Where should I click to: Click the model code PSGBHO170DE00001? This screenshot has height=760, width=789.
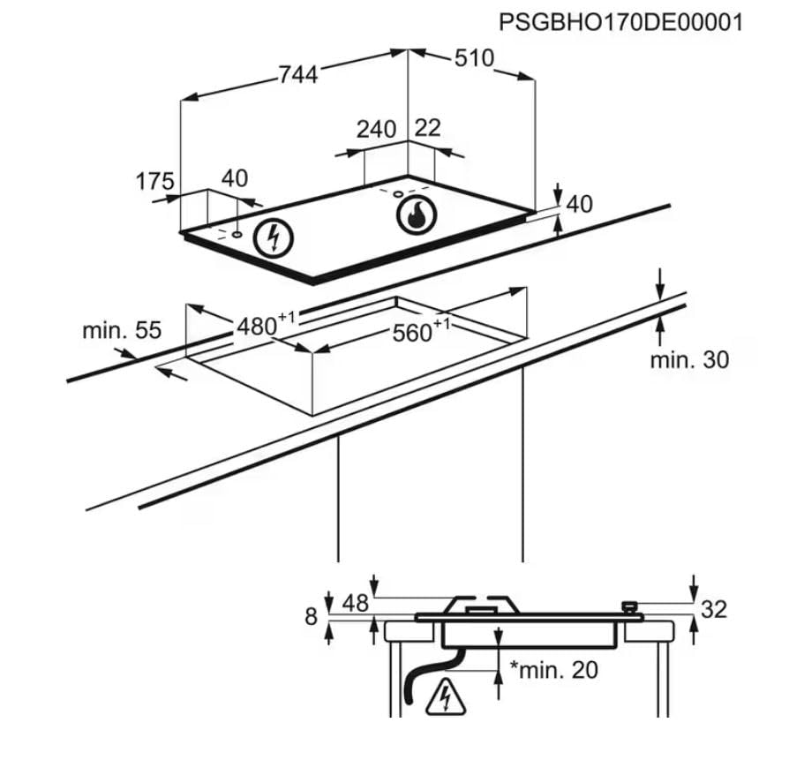tap(620, 23)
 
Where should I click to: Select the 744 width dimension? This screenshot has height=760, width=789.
tap(298, 75)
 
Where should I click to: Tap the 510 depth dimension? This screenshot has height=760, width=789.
tap(475, 58)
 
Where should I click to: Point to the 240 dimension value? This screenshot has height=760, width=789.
tap(376, 130)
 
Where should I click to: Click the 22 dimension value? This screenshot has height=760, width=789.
tap(428, 128)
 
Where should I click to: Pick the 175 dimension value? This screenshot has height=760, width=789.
tap(155, 181)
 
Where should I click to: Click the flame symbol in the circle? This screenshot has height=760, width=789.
tap(417, 214)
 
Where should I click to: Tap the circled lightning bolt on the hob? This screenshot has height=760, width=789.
tap(274, 238)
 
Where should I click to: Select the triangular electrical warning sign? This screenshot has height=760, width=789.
tap(446, 697)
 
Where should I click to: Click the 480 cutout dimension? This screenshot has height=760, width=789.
tap(265, 324)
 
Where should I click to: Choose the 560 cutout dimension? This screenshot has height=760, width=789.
tap(421, 330)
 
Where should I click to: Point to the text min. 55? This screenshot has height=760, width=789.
tap(122, 331)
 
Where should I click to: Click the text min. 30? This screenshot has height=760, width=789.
tap(689, 360)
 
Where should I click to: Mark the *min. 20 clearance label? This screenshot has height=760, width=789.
tap(554, 670)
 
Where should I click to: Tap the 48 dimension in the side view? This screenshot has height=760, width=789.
tap(356, 603)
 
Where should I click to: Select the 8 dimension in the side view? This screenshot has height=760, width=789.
tap(312, 616)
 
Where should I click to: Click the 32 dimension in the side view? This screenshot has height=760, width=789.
tap(714, 610)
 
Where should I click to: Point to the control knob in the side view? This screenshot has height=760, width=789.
tap(629, 607)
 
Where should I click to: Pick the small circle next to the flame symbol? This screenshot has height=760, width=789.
tap(398, 194)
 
